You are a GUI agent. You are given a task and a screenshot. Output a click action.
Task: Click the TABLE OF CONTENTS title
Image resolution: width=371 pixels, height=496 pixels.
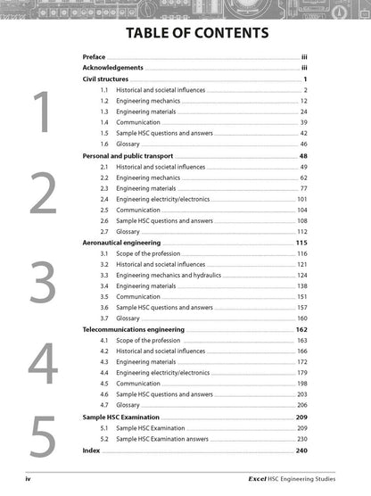185,34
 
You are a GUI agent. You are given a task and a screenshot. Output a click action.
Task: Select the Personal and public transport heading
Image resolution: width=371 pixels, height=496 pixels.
133,154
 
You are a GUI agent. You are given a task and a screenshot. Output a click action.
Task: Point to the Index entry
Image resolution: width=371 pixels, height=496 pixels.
91,451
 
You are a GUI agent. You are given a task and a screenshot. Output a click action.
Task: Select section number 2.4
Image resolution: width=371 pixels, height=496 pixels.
104,199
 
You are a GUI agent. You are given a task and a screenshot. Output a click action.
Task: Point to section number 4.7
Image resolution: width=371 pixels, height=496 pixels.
104,404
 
